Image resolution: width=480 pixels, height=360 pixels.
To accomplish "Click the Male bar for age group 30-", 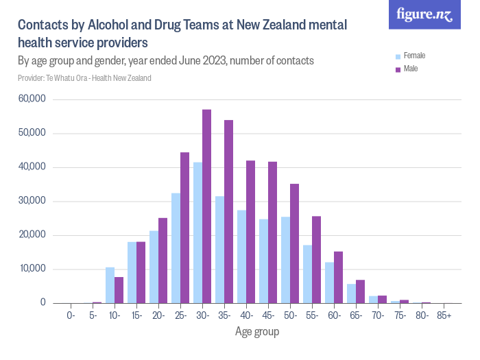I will [x=206, y=206].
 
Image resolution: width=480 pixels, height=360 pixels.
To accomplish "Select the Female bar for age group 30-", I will [x=197, y=232].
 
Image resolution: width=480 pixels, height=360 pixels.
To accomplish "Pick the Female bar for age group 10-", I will [x=110, y=285].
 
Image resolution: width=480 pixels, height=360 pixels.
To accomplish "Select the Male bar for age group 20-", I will [x=163, y=261].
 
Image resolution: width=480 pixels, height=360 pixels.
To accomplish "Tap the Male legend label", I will [x=411, y=69].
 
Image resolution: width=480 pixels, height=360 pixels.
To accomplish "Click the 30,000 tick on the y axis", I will [x=32, y=201].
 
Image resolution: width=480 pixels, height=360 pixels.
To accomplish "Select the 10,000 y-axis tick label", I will [x=32, y=269].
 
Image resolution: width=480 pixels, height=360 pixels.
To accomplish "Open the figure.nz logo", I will [x=424, y=14].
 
